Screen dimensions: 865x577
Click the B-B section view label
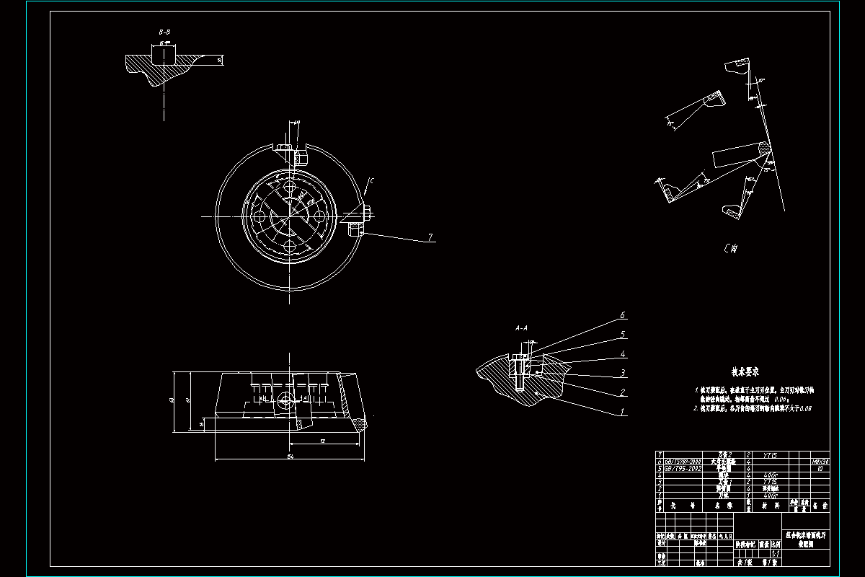(164, 32)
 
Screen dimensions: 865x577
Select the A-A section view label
(522, 328)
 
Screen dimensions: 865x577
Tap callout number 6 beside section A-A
(623, 316)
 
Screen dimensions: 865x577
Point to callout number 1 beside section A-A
(623, 412)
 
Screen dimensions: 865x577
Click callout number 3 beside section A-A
(623, 373)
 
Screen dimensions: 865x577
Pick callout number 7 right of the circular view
(430, 237)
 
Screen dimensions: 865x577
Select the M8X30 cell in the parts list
(820, 461)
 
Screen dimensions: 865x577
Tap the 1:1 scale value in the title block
(775, 553)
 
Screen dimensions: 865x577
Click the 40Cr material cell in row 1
(769, 495)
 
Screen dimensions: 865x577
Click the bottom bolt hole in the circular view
(290, 246)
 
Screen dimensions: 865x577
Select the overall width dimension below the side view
(290, 457)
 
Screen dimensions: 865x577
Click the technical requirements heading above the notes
(746, 372)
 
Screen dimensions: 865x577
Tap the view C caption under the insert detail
(730, 250)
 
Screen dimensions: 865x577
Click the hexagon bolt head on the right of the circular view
(367, 213)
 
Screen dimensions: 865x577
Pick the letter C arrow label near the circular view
(371, 181)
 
